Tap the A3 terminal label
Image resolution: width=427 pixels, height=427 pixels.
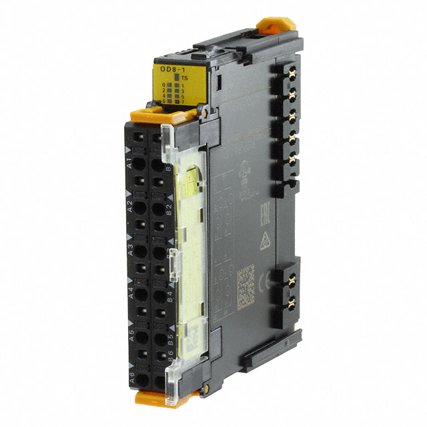tap(130, 250)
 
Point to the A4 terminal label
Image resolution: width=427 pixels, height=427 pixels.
tap(131, 294)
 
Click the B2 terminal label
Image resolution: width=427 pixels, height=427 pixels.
tap(169, 208)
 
